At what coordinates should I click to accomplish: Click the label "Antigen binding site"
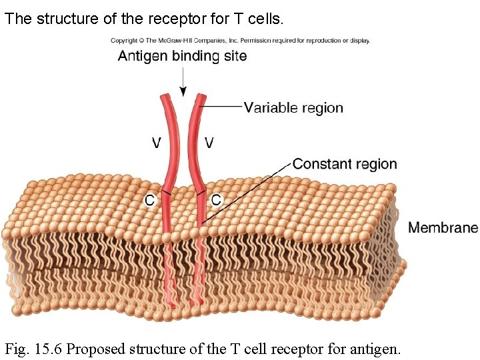point(182,56)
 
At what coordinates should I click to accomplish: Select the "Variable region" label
point(293,107)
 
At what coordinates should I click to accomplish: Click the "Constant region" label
point(345,164)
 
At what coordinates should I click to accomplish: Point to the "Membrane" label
point(443,227)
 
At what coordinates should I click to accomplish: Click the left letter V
point(156,143)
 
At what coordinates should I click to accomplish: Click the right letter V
point(209,143)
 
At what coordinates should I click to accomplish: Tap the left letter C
point(151,199)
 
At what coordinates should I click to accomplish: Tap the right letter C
point(216,199)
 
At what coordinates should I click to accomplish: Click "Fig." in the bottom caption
point(18,348)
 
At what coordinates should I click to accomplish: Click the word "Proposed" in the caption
point(97,348)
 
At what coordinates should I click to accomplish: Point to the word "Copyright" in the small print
point(123,41)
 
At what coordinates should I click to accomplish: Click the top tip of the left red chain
point(164,97)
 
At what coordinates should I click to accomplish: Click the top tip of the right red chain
point(201,97)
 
